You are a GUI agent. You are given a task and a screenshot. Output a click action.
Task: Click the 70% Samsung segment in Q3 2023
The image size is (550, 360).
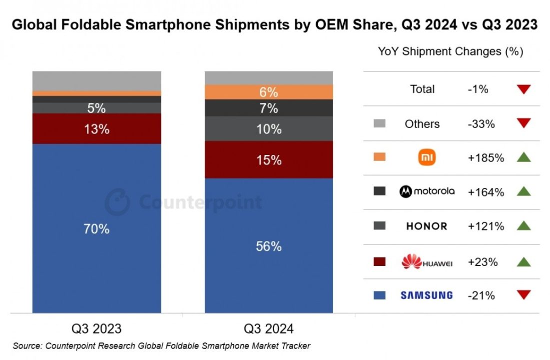tap(96, 228)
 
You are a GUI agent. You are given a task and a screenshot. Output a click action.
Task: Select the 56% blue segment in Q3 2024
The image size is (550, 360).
tap(269, 246)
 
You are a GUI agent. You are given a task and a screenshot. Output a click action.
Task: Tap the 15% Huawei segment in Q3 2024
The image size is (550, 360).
tap(269, 160)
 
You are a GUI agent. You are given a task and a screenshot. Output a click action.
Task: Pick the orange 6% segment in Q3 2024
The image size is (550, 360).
tap(269, 92)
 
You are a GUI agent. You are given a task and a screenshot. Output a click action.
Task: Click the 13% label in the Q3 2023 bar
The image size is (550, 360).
tap(96, 129)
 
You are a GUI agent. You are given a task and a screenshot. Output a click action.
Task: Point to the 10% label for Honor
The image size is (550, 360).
tap(269, 129)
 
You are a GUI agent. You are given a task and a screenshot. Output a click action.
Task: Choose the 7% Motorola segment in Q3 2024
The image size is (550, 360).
tap(269, 108)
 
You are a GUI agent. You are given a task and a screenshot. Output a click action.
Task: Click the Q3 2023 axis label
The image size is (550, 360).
tap(96, 328)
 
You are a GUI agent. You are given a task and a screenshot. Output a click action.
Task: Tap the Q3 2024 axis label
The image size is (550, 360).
tap(269, 328)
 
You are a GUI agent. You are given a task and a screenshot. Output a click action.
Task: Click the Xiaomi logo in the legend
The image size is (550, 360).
tap(427, 158)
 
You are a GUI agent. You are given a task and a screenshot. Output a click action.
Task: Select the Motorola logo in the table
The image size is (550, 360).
tap(427, 191)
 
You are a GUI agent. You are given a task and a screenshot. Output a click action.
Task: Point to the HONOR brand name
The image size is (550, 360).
tap(426, 226)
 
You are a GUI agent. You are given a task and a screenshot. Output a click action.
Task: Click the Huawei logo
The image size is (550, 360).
tap(427, 261)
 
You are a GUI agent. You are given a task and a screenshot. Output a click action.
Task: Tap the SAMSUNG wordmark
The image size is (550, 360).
tap(427, 295)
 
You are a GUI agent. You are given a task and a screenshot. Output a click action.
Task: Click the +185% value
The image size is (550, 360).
tap(486, 158)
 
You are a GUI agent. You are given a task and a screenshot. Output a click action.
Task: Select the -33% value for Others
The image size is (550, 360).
tap(481, 124)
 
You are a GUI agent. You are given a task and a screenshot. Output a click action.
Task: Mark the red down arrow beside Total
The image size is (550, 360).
tap(524, 89)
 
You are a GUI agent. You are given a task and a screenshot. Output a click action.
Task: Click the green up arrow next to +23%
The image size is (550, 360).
tap(524, 261)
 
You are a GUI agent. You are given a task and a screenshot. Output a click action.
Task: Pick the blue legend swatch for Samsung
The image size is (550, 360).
tap(380, 295)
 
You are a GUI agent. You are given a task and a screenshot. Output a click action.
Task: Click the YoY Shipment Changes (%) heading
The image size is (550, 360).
tap(450, 51)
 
